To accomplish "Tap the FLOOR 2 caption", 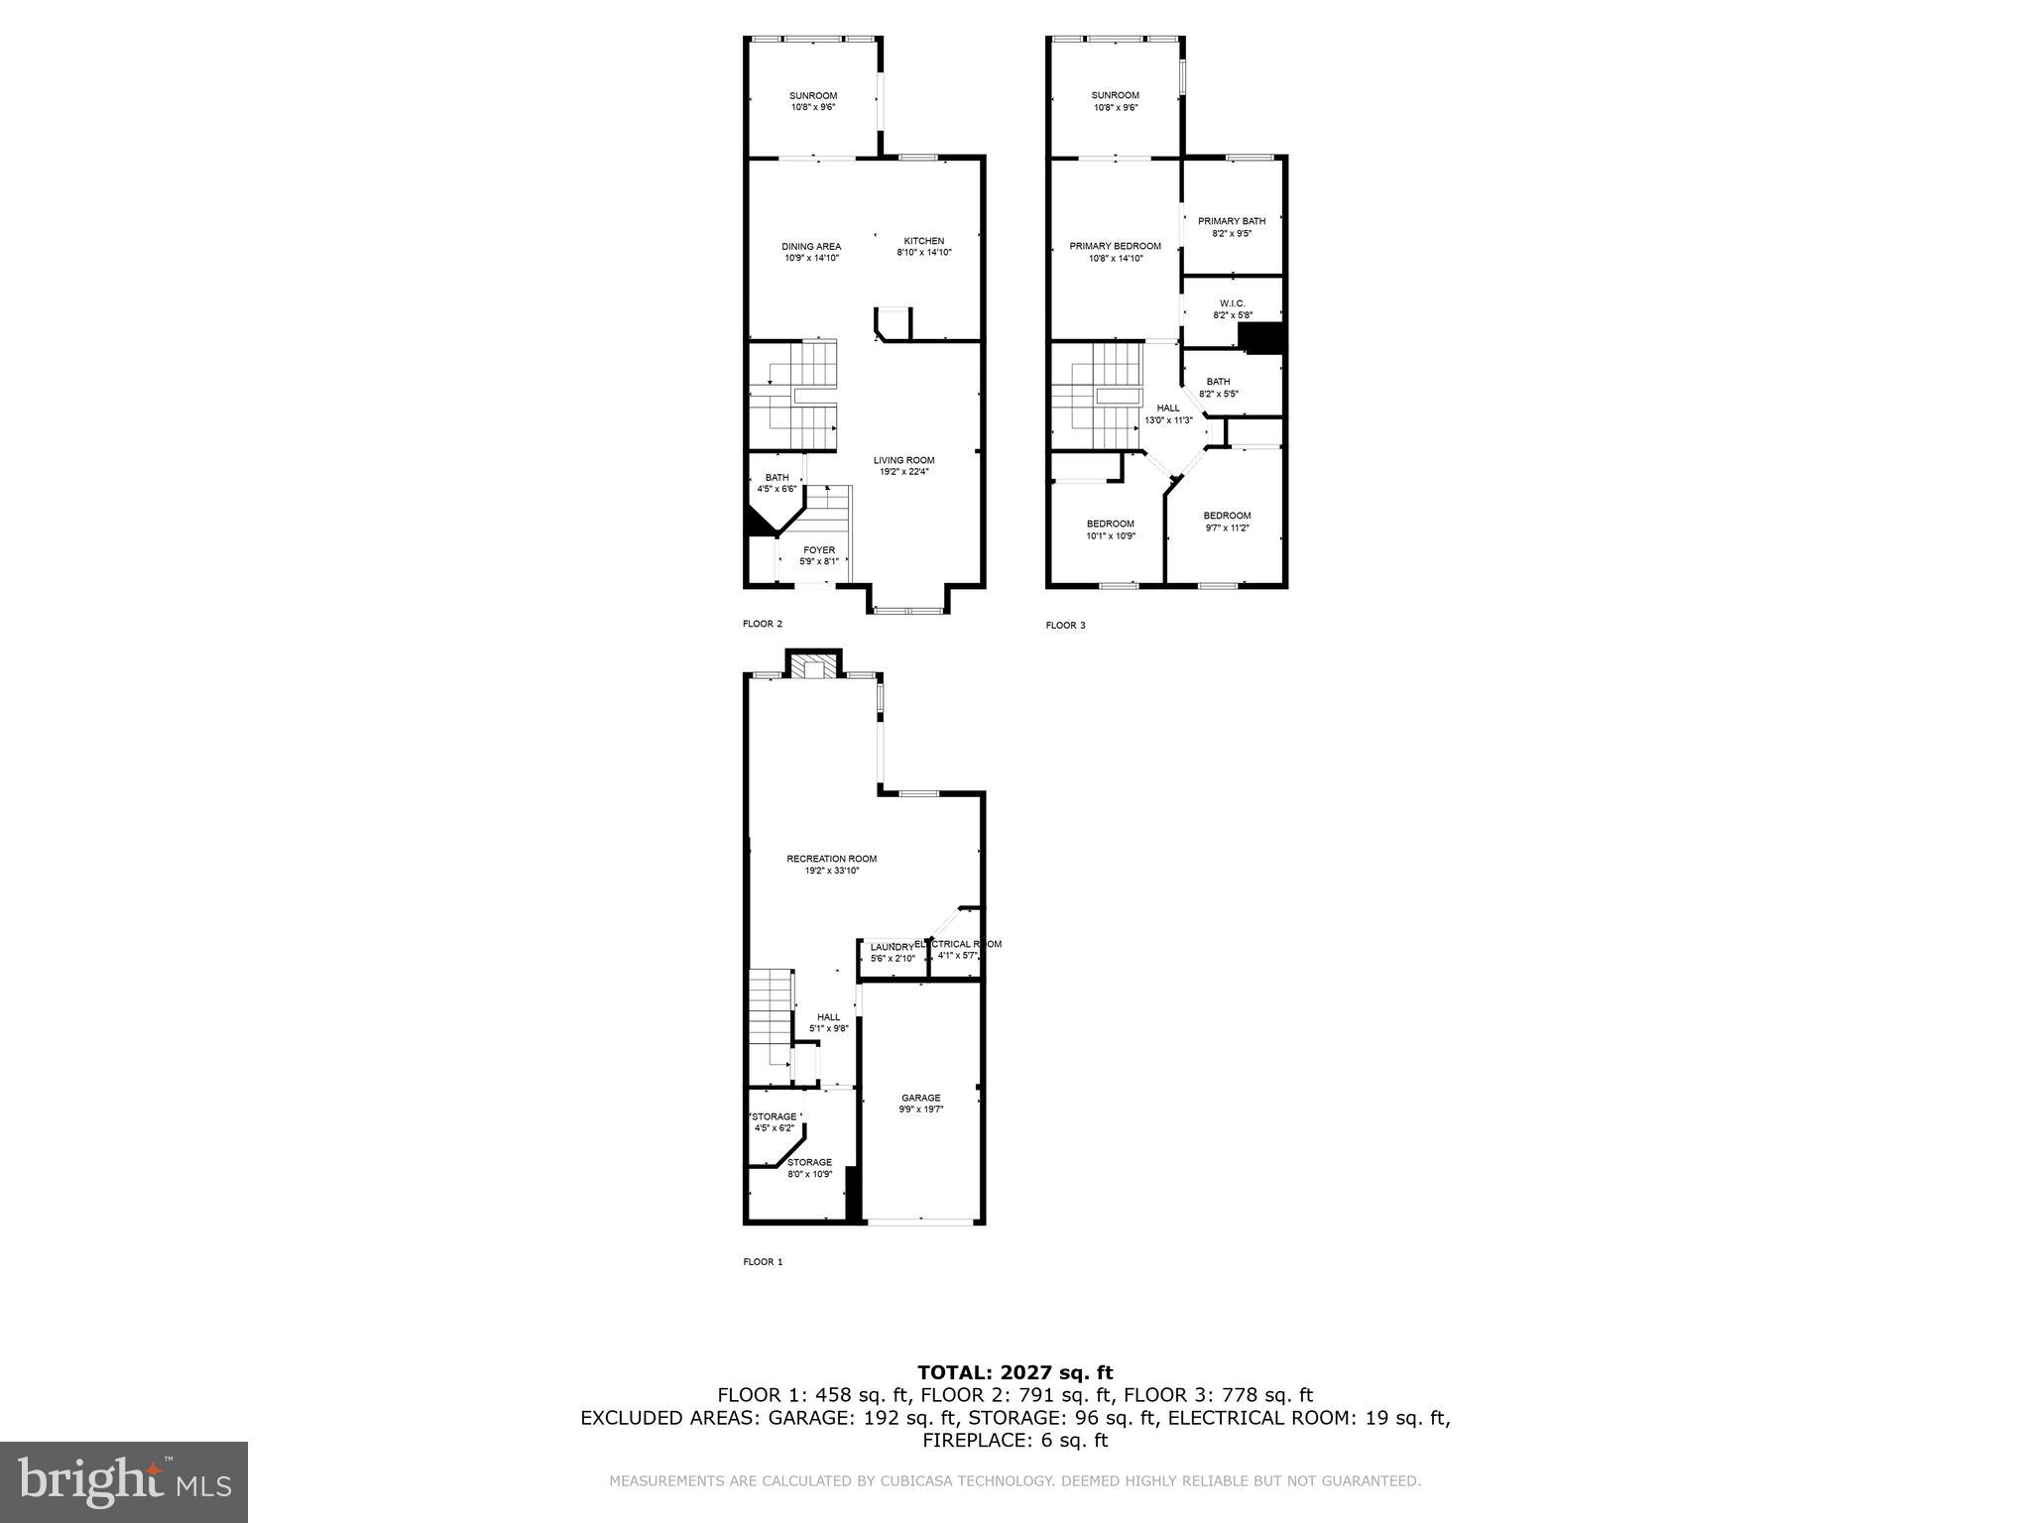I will [x=763, y=624].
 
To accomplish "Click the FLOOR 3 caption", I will [x=1065, y=626].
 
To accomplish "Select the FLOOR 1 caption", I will [x=763, y=1262].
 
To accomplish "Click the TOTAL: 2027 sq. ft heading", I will [x=1015, y=1372].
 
